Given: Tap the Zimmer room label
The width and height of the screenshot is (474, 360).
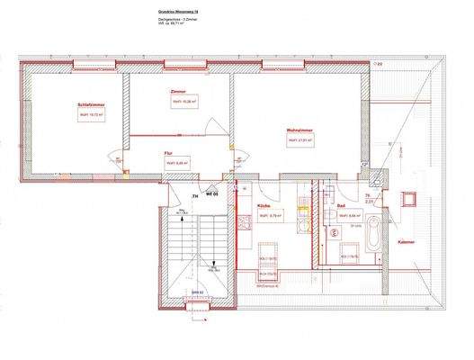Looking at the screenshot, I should (x=178, y=93).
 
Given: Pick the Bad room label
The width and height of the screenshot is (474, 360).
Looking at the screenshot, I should (x=342, y=206).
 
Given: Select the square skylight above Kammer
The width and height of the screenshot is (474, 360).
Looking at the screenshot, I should (x=414, y=198).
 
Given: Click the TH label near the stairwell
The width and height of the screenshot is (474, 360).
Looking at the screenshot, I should (x=194, y=195).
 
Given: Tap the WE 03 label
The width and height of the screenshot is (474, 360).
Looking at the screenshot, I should (x=212, y=194).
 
